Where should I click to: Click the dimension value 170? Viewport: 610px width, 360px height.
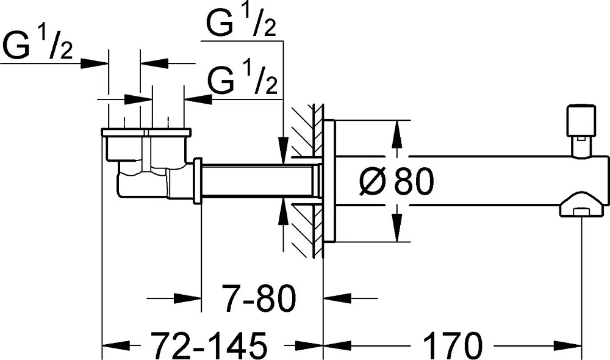(x=452, y=345)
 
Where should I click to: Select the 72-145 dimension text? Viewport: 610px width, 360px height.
(x=209, y=345)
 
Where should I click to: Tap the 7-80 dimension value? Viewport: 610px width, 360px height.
(x=259, y=298)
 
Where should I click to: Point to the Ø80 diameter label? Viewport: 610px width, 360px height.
(x=396, y=181)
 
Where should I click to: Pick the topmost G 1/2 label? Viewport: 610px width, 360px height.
(x=241, y=22)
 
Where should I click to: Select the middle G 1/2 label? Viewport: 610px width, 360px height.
(x=243, y=80)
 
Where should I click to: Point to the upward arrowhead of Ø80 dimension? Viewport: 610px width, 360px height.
(x=396, y=134)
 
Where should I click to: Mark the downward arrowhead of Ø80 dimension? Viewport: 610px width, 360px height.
(x=396, y=228)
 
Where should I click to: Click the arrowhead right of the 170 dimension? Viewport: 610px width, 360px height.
(x=567, y=345)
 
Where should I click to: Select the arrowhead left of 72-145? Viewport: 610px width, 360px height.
(x=115, y=345)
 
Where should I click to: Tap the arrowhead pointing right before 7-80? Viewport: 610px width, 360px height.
(x=187, y=298)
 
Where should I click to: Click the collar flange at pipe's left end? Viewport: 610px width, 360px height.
(x=197, y=181)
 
